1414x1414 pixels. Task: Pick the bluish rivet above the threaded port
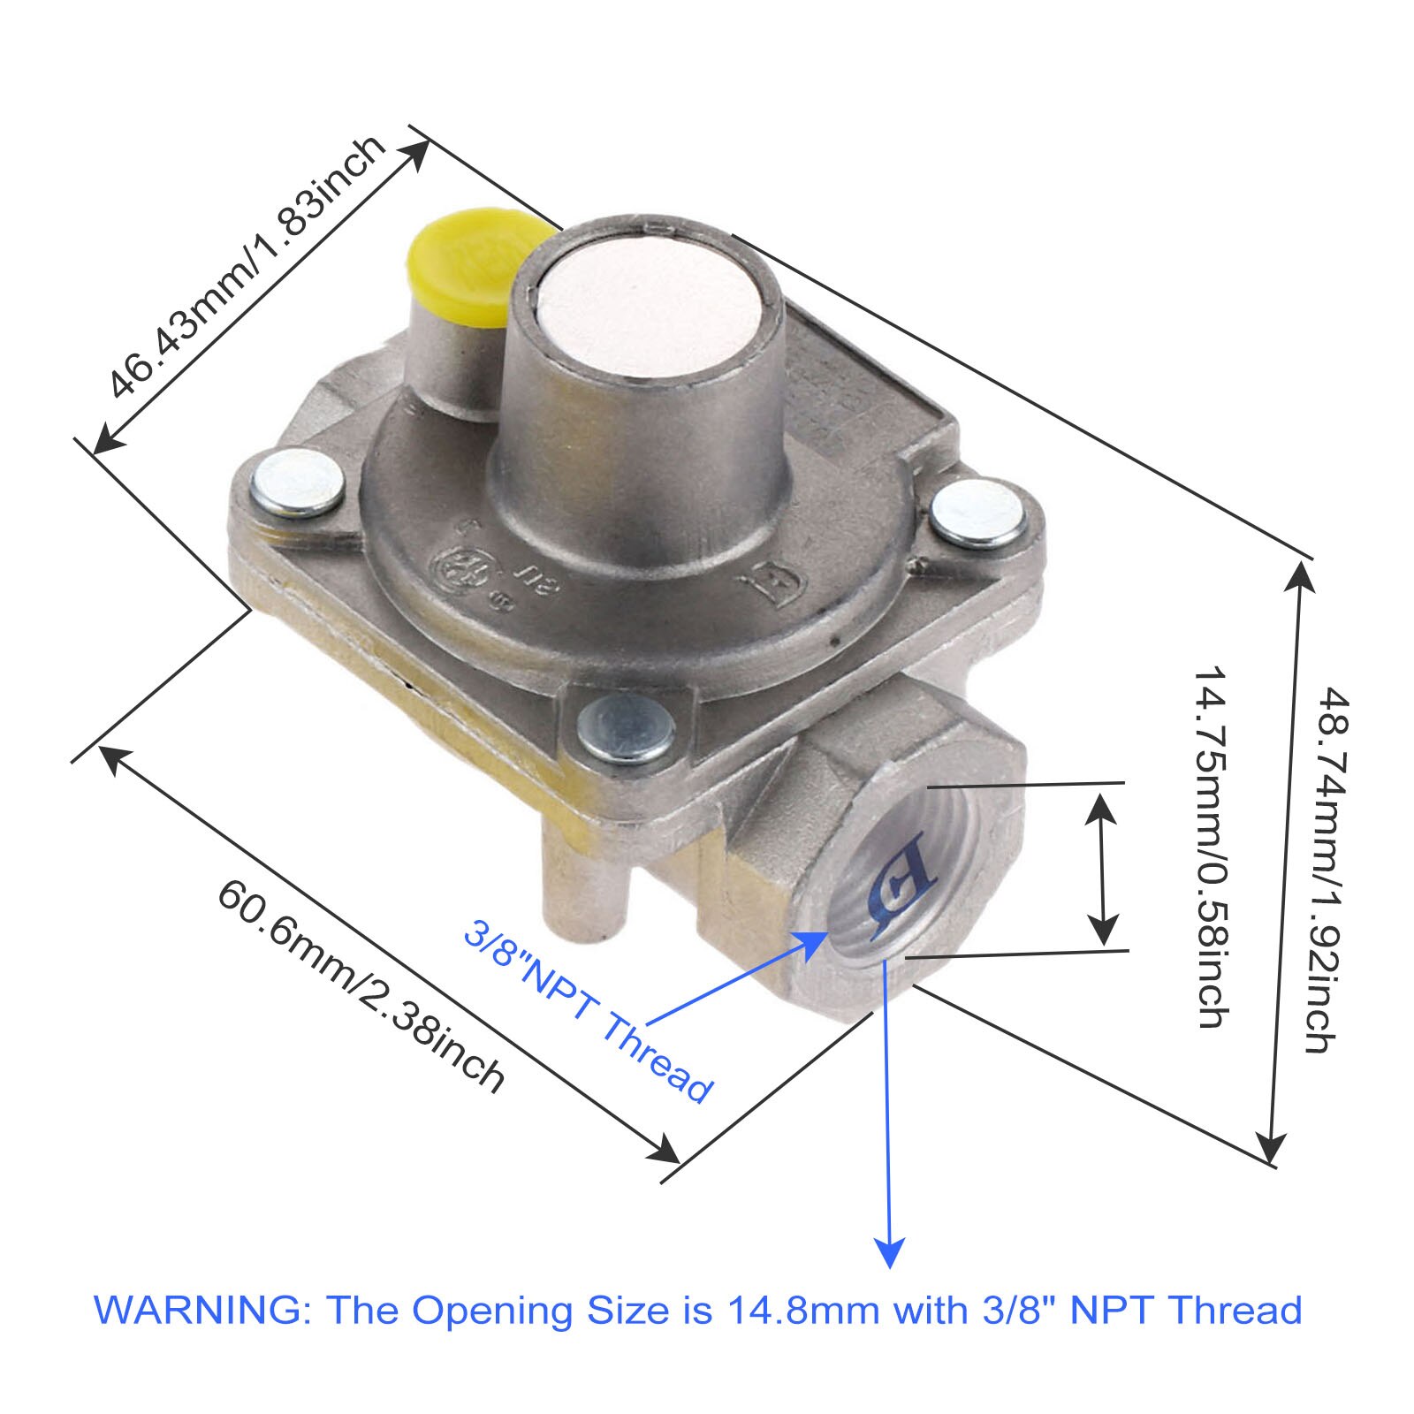pos(626,727)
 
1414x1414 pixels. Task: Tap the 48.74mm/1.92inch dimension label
pos(1326,870)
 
